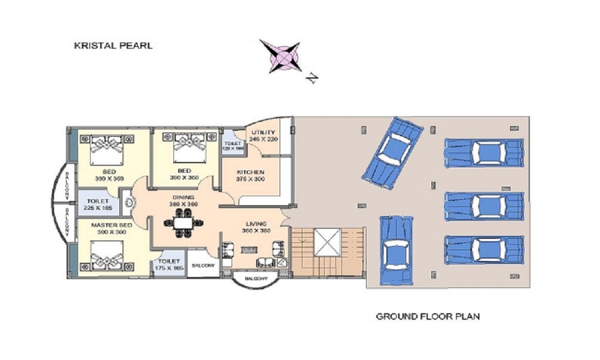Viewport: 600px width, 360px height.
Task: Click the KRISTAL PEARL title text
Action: point(113,45)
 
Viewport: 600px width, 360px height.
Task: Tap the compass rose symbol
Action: point(280,56)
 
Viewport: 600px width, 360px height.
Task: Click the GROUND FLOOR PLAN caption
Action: point(427,316)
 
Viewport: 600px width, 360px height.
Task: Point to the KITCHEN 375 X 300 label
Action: point(250,176)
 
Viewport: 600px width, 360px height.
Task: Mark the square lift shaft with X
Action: point(327,244)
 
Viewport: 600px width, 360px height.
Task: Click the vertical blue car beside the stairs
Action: point(396,251)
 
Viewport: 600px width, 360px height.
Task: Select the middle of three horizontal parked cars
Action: point(484,206)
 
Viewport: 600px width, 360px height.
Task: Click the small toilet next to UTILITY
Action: point(232,144)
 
